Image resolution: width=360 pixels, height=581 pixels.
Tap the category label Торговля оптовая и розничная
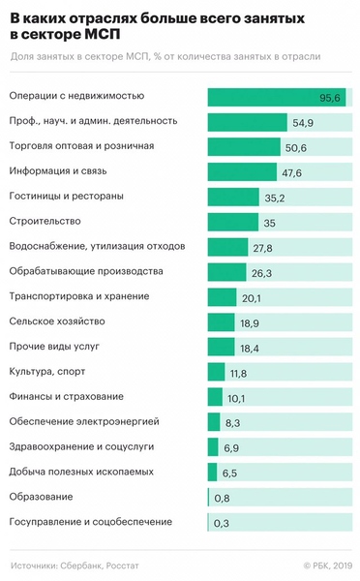pyautogui.click(x=81, y=146)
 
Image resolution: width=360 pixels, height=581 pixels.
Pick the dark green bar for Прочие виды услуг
pyautogui.click(x=221, y=347)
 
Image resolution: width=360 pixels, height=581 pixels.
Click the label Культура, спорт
pyautogui.click(x=45, y=371)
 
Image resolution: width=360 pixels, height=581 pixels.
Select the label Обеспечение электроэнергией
pyautogui.click(x=77, y=421)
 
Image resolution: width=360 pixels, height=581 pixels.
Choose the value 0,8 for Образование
pyautogui.click(x=222, y=498)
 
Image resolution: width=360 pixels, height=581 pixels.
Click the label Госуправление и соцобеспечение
pyautogui.click(x=91, y=522)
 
